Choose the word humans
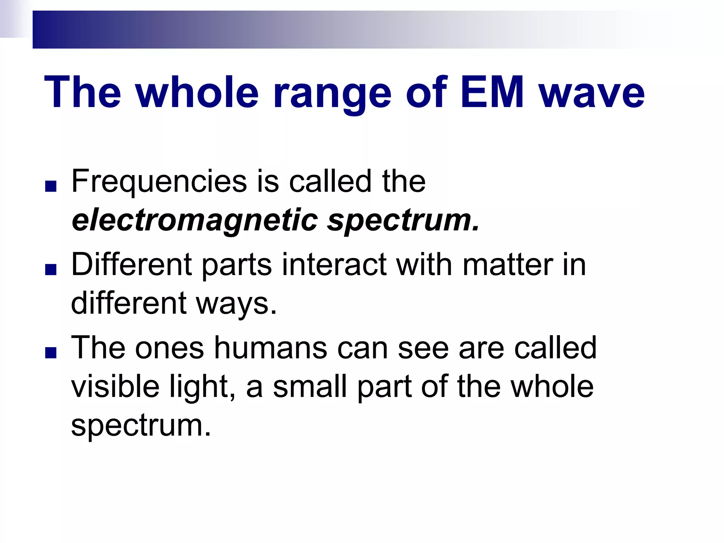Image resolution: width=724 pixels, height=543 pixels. point(271,348)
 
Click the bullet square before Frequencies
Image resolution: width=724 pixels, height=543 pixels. point(51,186)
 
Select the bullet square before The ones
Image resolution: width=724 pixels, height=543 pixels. point(51,353)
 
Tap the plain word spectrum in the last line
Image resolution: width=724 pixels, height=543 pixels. point(141,426)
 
